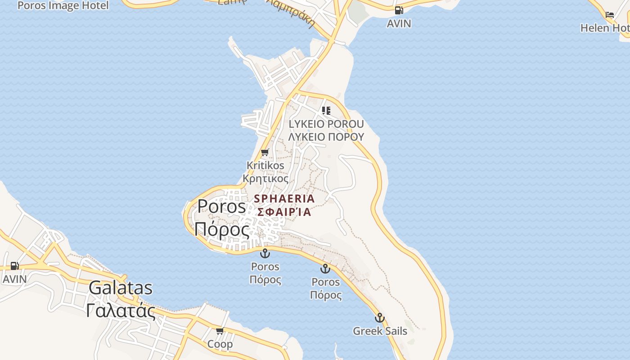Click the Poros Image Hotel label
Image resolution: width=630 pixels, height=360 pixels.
[x=63, y=5]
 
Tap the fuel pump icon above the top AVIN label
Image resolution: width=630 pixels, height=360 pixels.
[x=399, y=10]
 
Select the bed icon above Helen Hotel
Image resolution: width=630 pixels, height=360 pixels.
[x=610, y=15]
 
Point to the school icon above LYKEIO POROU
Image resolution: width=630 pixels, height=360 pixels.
[x=326, y=111]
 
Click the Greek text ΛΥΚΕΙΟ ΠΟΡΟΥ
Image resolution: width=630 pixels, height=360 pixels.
[x=326, y=137]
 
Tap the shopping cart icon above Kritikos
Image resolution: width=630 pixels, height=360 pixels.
[x=265, y=153]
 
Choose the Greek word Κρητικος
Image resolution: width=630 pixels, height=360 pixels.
[x=265, y=179]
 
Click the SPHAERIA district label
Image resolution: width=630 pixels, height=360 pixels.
[x=284, y=198]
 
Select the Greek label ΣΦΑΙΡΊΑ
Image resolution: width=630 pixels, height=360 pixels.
[x=284, y=212]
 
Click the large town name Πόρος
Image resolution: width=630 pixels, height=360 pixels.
[x=222, y=229]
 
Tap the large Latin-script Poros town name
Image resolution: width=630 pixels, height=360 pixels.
[x=222, y=207]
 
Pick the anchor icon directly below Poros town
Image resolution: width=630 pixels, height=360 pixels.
[x=265, y=253]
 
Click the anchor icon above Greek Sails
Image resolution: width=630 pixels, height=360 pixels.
[x=380, y=318]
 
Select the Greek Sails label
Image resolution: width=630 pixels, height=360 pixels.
[x=380, y=331]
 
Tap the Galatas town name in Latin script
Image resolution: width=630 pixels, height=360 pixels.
[x=121, y=288]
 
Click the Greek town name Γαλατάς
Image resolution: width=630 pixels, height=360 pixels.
[x=121, y=311]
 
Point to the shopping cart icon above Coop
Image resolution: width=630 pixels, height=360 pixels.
[x=220, y=331]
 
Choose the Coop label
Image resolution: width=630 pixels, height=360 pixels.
[x=220, y=344]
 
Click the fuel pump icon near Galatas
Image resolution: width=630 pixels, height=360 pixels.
[x=15, y=266]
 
